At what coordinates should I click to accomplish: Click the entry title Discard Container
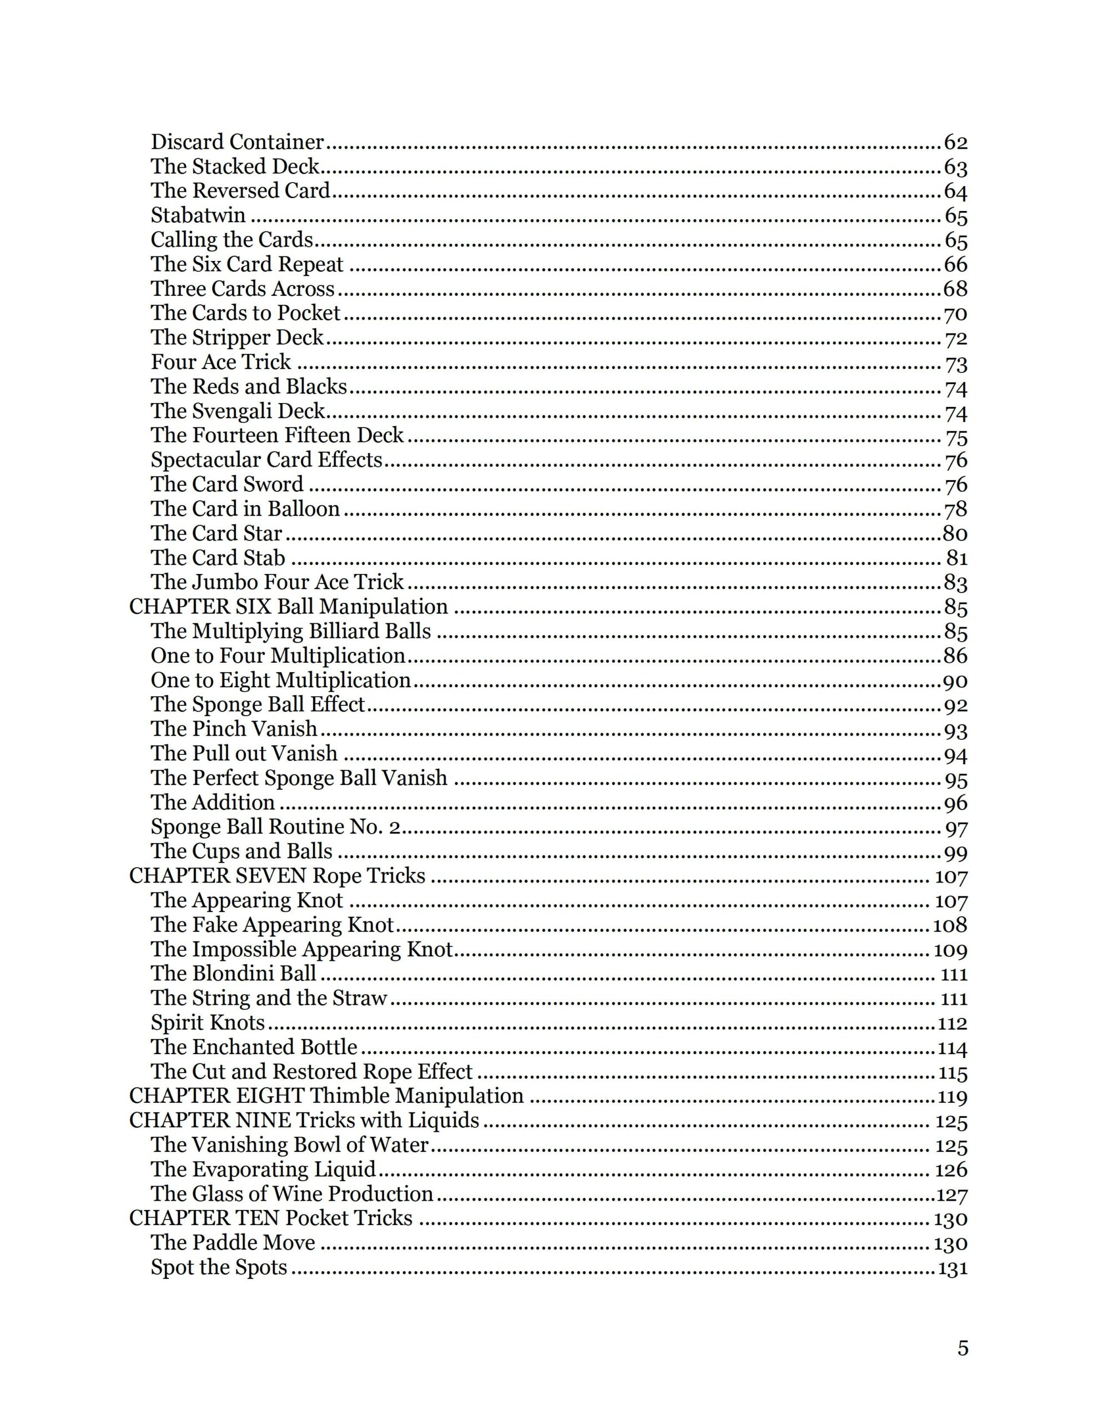pos(237,142)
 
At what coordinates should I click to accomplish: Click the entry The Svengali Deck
pos(238,411)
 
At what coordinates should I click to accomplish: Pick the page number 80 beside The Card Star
pos(954,533)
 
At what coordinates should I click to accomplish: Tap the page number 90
pos(955,681)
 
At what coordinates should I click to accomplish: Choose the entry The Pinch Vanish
pos(234,729)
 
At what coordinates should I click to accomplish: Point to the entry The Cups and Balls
pos(241,851)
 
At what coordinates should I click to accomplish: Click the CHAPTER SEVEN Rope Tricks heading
pos(277,876)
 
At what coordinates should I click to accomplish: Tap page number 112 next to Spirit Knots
pos(952,1024)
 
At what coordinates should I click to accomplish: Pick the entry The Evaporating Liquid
pos(263,1170)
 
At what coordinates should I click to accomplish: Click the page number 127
pos(951,1195)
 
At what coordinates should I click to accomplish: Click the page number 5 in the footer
pos(963,1348)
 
